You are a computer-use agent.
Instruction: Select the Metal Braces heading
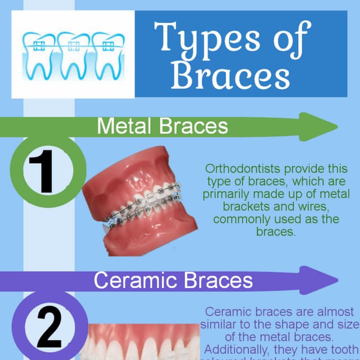point(163,125)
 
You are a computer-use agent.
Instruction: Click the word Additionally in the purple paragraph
point(237,349)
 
